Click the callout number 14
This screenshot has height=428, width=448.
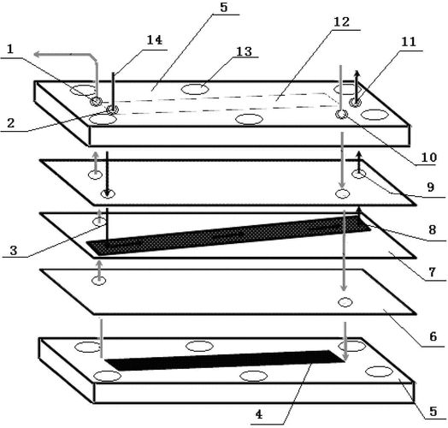pos(154,40)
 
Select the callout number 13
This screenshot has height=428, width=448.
pos(245,51)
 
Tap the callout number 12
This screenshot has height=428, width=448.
pos(341,22)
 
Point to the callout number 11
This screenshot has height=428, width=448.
pos(409,42)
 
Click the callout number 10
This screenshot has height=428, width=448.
pos(429,158)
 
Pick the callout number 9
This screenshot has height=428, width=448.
pos(431,187)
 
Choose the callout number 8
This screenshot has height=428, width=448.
pos(432,229)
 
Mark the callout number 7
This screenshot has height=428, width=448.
pos(432,272)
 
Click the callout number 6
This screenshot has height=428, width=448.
pos(433,336)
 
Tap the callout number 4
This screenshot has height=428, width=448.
pos(259,414)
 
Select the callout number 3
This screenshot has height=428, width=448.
pos(14,251)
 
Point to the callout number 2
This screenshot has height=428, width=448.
pos(10,123)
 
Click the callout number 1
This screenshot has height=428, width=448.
pos(10,49)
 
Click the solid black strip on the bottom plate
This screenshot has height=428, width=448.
pos(224,360)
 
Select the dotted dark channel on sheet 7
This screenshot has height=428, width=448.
pos(228,235)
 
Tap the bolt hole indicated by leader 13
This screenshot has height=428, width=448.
pos(195,89)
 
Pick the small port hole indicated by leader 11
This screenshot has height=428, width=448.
pos(355,102)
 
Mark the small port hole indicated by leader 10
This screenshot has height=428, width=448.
pos(341,114)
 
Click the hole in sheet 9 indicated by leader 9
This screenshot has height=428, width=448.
pos(359,174)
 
